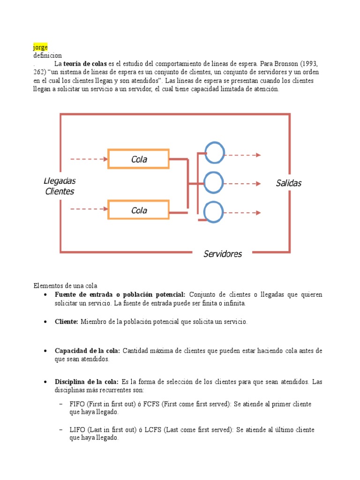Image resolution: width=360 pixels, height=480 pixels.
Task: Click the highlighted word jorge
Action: [x=40, y=47]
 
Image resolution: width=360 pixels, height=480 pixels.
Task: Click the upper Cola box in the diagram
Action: [x=139, y=159]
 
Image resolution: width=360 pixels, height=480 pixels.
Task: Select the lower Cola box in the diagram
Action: [x=139, y=210]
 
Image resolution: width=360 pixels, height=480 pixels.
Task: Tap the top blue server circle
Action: [x=214, y=153]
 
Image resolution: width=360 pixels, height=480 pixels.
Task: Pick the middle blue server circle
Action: [x=214, y=182]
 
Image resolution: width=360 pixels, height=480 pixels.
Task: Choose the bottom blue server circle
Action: [x=214, y=212]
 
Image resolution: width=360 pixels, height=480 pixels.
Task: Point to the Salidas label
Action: [x=288, y=183]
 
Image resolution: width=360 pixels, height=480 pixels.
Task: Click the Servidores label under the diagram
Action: [x=223, y=254]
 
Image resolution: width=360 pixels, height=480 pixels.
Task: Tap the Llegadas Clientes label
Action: [x=60, y=186]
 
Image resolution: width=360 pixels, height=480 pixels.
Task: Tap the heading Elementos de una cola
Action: [x=65, y=285]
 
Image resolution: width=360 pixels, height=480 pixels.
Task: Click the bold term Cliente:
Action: [x=67, y=322]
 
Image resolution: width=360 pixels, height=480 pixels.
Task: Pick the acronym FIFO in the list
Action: [x=77, y=404]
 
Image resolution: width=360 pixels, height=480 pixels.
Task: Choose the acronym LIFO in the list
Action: [x=77, y=430]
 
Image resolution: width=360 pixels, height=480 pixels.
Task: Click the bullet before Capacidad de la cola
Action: [x=44, y=351]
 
